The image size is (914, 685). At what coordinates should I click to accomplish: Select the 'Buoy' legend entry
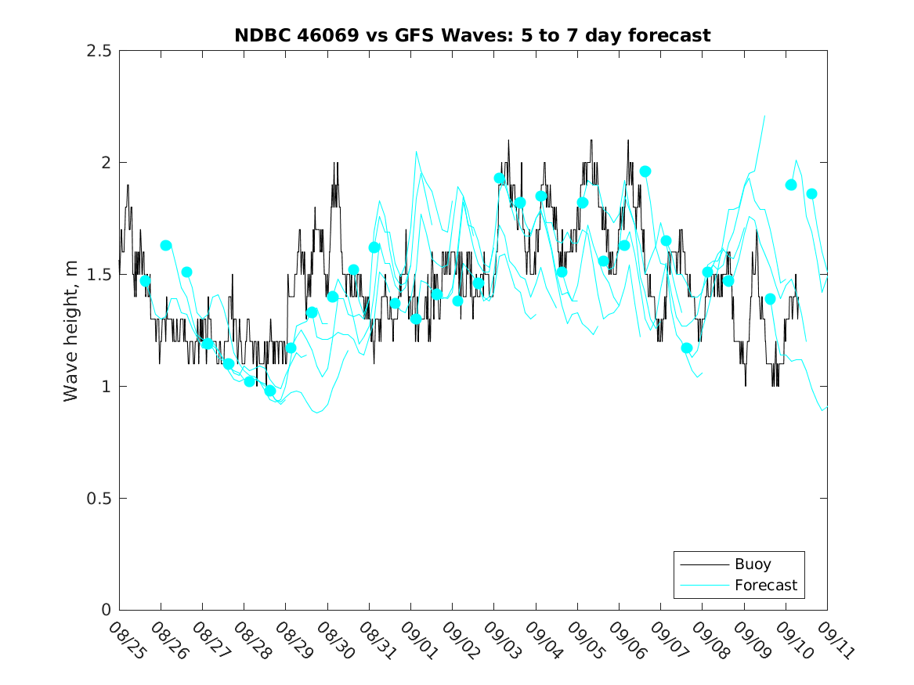tap(752, 564)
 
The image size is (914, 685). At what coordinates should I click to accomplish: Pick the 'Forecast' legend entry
tap(765, 585)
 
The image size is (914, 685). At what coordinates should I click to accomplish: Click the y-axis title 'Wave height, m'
tap(71, 330)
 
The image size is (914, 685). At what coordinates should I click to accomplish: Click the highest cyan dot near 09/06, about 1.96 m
tap(645, 171)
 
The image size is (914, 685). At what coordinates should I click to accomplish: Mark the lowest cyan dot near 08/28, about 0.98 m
tap(270, 391)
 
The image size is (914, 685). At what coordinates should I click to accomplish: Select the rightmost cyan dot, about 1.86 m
tap(811, 193)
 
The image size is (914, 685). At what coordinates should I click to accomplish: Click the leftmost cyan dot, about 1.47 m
tap(145, 280)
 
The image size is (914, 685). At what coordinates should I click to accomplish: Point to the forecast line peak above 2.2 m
tap(764, 116)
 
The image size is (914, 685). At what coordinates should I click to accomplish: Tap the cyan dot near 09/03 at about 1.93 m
tap(499, 178)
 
